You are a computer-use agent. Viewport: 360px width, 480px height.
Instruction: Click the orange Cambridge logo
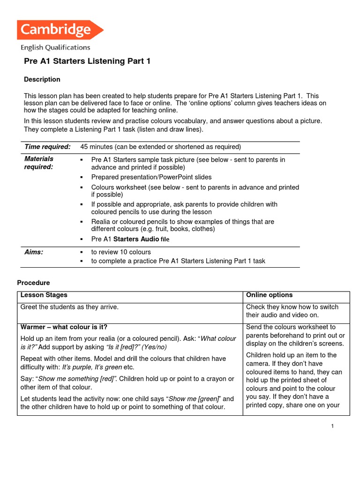(x=60, y=30)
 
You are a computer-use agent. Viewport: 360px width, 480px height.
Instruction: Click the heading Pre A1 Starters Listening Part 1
(x=87, y=61)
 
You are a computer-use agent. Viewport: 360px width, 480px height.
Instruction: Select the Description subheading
(x=42, y=79)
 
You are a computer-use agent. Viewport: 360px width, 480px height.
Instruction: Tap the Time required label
(x=47, y=147)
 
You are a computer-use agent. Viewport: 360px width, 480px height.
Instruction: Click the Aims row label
(x=34, y=252)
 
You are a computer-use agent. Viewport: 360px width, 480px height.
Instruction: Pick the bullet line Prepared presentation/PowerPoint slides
(x=151, y=177)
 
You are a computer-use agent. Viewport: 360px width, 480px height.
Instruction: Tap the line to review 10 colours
(x=121, y=252)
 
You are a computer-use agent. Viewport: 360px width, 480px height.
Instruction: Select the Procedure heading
(x=33, y=283)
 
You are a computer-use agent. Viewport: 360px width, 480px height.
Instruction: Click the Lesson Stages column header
(x=44, y=295)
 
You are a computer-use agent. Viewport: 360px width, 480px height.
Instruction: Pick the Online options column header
(x=269, y=295)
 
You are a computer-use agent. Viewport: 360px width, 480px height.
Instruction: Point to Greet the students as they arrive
(x=69, y=307)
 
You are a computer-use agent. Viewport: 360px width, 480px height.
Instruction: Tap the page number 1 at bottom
(x=332, y=426)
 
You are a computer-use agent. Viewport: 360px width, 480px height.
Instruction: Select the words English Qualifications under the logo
(x=55, y=47)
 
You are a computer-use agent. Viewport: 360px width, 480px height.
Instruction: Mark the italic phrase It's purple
(x=76, y=367)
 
